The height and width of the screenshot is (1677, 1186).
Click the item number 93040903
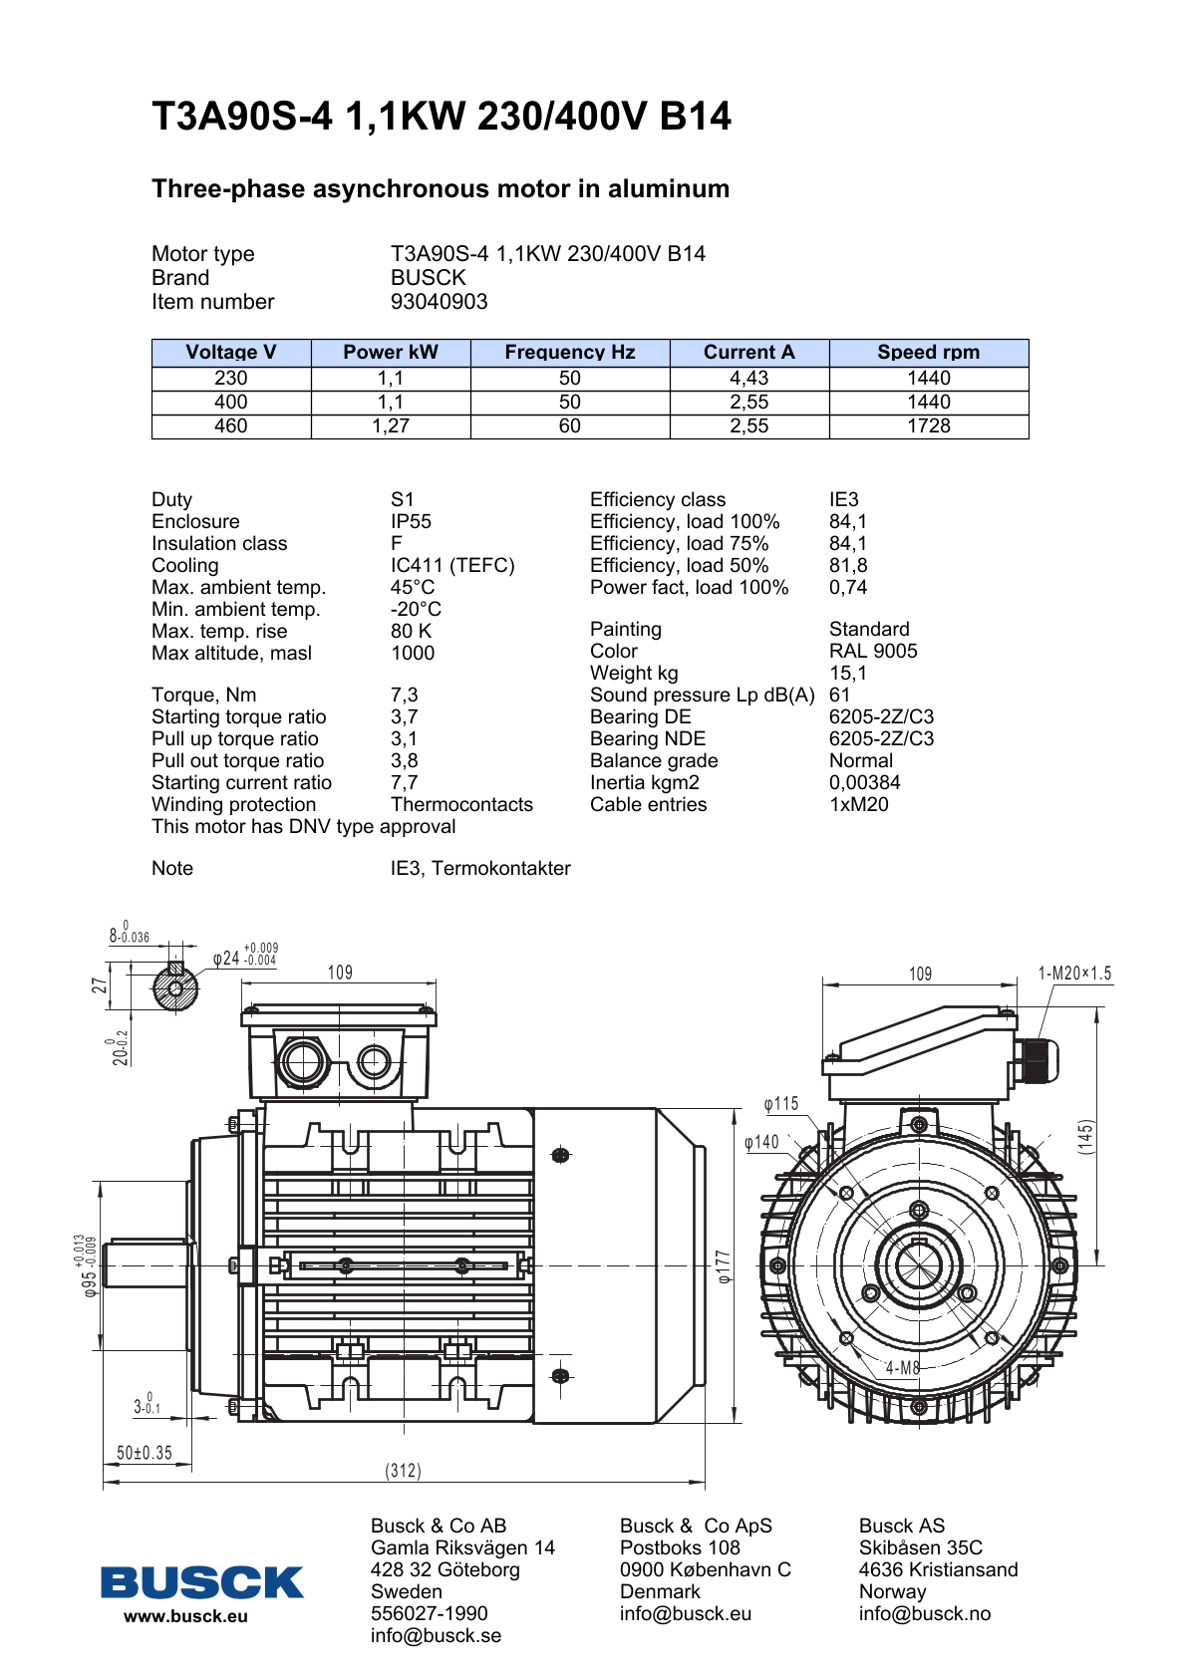pos(439,302)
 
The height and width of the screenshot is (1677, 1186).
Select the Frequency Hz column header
pos(570,353)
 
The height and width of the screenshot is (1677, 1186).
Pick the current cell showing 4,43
pos(748,378)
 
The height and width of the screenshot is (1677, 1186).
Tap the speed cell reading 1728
pos(929,426)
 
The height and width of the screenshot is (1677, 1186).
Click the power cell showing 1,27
pos(390,426)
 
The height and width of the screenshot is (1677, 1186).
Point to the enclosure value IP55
pos(411,522)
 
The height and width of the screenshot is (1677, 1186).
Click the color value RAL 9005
pos(873,652)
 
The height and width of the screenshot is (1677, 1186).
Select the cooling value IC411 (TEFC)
pos(452,565)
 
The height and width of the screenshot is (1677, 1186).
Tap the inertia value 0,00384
pos(865,783)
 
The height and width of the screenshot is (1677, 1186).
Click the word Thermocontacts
pos(461,805)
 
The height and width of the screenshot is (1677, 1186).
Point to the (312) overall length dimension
pos(404,1471)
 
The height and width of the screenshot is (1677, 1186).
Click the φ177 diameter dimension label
pos(724,1266)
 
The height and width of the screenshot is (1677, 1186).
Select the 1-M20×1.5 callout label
pos(1074,974)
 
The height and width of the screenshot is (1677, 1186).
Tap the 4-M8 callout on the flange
pos(903,1368)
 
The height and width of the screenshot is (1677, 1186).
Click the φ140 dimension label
pos(761,1142)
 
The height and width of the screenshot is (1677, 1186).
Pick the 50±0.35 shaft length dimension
pos(145,1453)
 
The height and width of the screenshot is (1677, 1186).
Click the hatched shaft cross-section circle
pos(175,989)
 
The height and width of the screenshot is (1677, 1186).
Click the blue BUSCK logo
pos(202,1582)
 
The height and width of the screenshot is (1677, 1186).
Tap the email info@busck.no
pos(925,1614)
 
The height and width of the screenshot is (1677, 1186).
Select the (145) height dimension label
pos(1085,1137)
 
